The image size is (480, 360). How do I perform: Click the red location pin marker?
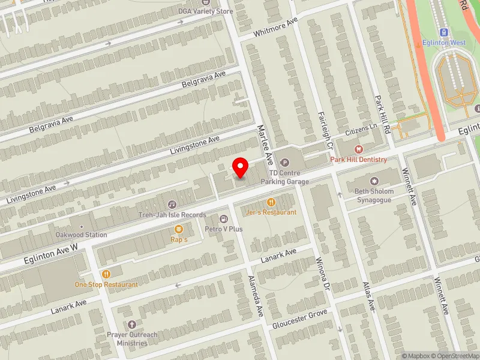(x=241, y=167)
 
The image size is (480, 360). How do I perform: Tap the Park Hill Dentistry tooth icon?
(x=359, y=149)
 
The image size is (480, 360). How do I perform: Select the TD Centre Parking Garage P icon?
(x=285, y=162)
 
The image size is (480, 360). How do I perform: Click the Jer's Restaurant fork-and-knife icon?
(x=271, y=203)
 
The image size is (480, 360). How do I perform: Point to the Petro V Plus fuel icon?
(x=224, y=219)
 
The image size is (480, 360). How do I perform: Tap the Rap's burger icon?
(x=179, y=229)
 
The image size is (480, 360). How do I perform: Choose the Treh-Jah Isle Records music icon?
(x=172, y=205)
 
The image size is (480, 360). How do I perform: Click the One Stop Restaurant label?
(x=106, y=284)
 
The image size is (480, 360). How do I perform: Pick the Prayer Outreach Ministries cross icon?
(x=131, y=325)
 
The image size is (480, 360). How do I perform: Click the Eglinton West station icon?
(x=445, y=32)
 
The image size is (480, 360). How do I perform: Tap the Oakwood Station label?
(x=81, y=235)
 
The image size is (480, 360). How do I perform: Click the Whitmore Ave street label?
(x=276, y=26)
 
